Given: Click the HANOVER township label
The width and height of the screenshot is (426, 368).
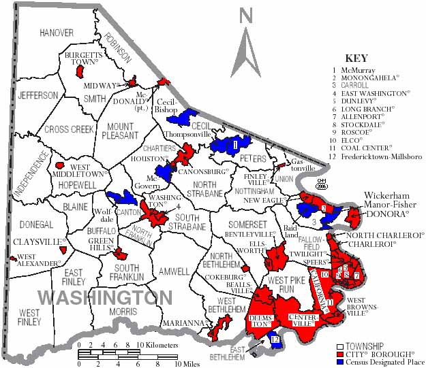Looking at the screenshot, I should (x=56, y=32).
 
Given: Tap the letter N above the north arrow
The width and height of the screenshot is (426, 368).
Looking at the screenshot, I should (x=246, y=16).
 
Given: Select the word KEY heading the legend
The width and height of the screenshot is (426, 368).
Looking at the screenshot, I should (x=356, y=58).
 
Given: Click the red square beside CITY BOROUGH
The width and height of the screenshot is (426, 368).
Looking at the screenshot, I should (x=340, y=354).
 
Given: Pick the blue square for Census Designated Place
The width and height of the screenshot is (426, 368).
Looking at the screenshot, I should (x=340, y=363).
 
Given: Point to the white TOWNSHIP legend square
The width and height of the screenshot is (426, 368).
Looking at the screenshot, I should (x=340, y=346).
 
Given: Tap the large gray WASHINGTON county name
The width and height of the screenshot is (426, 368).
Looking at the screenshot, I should (x=105, y=298).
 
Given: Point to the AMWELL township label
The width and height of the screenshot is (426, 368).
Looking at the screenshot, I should (x=173, y=271).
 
